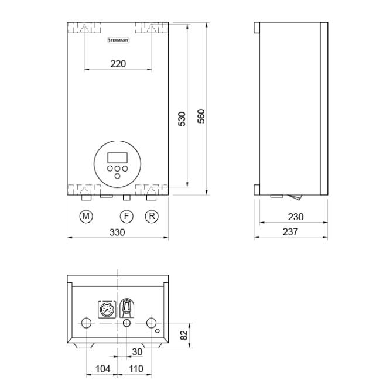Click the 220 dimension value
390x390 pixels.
coord(118,64)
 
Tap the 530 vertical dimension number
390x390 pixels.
coord(182,119)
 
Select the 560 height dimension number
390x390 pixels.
coord(201,116)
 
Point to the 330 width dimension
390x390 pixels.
coord(117,232)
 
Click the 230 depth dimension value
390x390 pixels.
coord(296,217)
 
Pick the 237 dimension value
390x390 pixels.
coord(290,232)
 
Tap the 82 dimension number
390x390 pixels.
coord(184,336)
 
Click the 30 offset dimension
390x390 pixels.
coord(137,352)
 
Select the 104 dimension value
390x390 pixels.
coord(102,368)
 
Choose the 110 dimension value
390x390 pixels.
coord(136,368)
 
